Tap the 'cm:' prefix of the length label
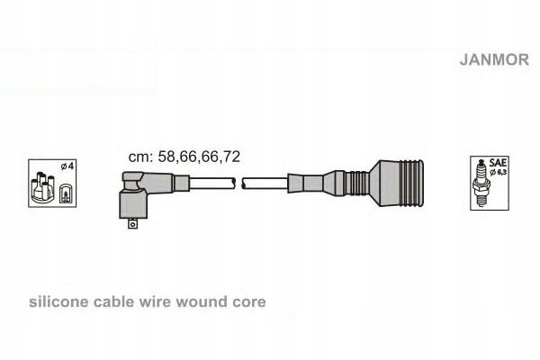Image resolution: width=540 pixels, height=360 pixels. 140,156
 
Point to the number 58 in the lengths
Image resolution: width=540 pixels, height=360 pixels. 166,156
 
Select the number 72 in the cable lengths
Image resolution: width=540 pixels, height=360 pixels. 231,156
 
